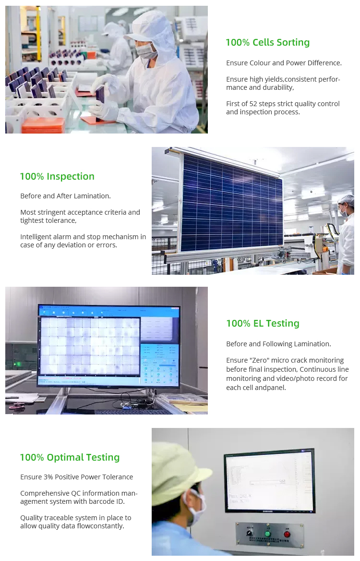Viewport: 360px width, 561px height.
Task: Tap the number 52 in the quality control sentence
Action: tap(253, 104)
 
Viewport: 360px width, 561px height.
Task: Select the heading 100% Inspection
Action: tap(57, 176)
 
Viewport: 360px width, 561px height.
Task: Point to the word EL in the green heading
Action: tap(258, 323)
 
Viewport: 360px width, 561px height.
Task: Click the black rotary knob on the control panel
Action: tap(250, 533)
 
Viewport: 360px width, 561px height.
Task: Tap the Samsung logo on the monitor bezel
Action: tap(268, 511)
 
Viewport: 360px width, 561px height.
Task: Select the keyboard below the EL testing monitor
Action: tap(133, 412)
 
